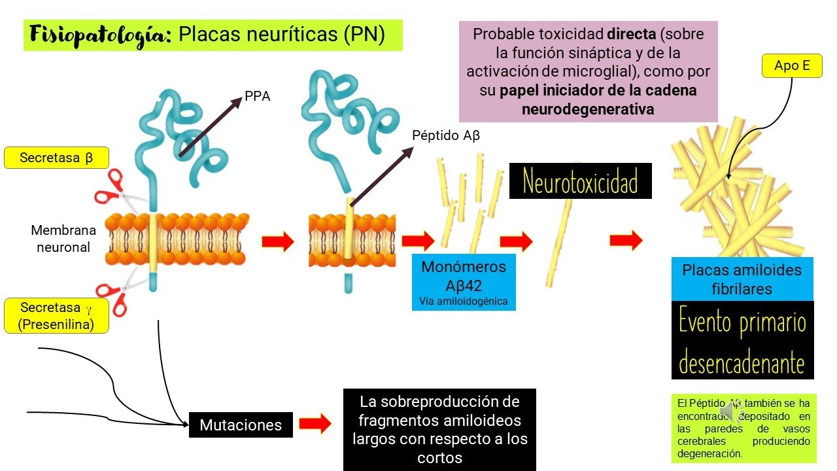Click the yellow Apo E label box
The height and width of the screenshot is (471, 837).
pos(792,66)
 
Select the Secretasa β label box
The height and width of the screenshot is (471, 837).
pos(56,158)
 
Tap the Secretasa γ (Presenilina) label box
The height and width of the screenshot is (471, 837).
pos(56,316)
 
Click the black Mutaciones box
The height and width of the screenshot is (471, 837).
pos(241,425)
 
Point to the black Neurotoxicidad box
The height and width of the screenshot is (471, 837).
pos(580,181)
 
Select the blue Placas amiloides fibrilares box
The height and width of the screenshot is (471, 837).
pos(742,279)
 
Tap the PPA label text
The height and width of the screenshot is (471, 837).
pos(258,97)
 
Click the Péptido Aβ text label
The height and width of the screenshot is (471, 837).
pos(446,135)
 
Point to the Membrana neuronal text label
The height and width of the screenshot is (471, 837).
pos(63,239)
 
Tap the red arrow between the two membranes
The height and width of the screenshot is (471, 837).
pos(278,241)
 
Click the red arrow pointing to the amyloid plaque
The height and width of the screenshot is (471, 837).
pos(626,241)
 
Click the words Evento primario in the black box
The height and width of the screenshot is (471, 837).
pos(742,324)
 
